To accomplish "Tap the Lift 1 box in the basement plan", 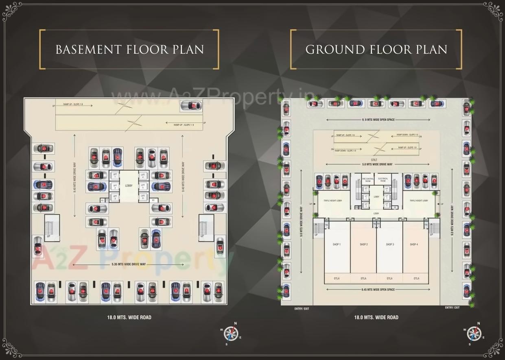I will click(115, 176).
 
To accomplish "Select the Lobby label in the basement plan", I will click(129, 186).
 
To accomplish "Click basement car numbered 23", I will click(44, 149).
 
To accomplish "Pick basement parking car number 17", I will click(40, 291).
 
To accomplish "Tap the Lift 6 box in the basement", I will click(143, 196).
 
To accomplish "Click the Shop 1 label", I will click(337, 244).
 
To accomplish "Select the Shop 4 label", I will click(413, 244).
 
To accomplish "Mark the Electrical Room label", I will click(383, 180).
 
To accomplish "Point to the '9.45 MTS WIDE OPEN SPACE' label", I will click(378, 290).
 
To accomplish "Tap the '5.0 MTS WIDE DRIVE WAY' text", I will click(377, 164).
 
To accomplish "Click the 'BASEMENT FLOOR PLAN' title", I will click(129, 49).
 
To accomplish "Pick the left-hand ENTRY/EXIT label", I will click(302, 308).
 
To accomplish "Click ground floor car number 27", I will click(437, 104).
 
